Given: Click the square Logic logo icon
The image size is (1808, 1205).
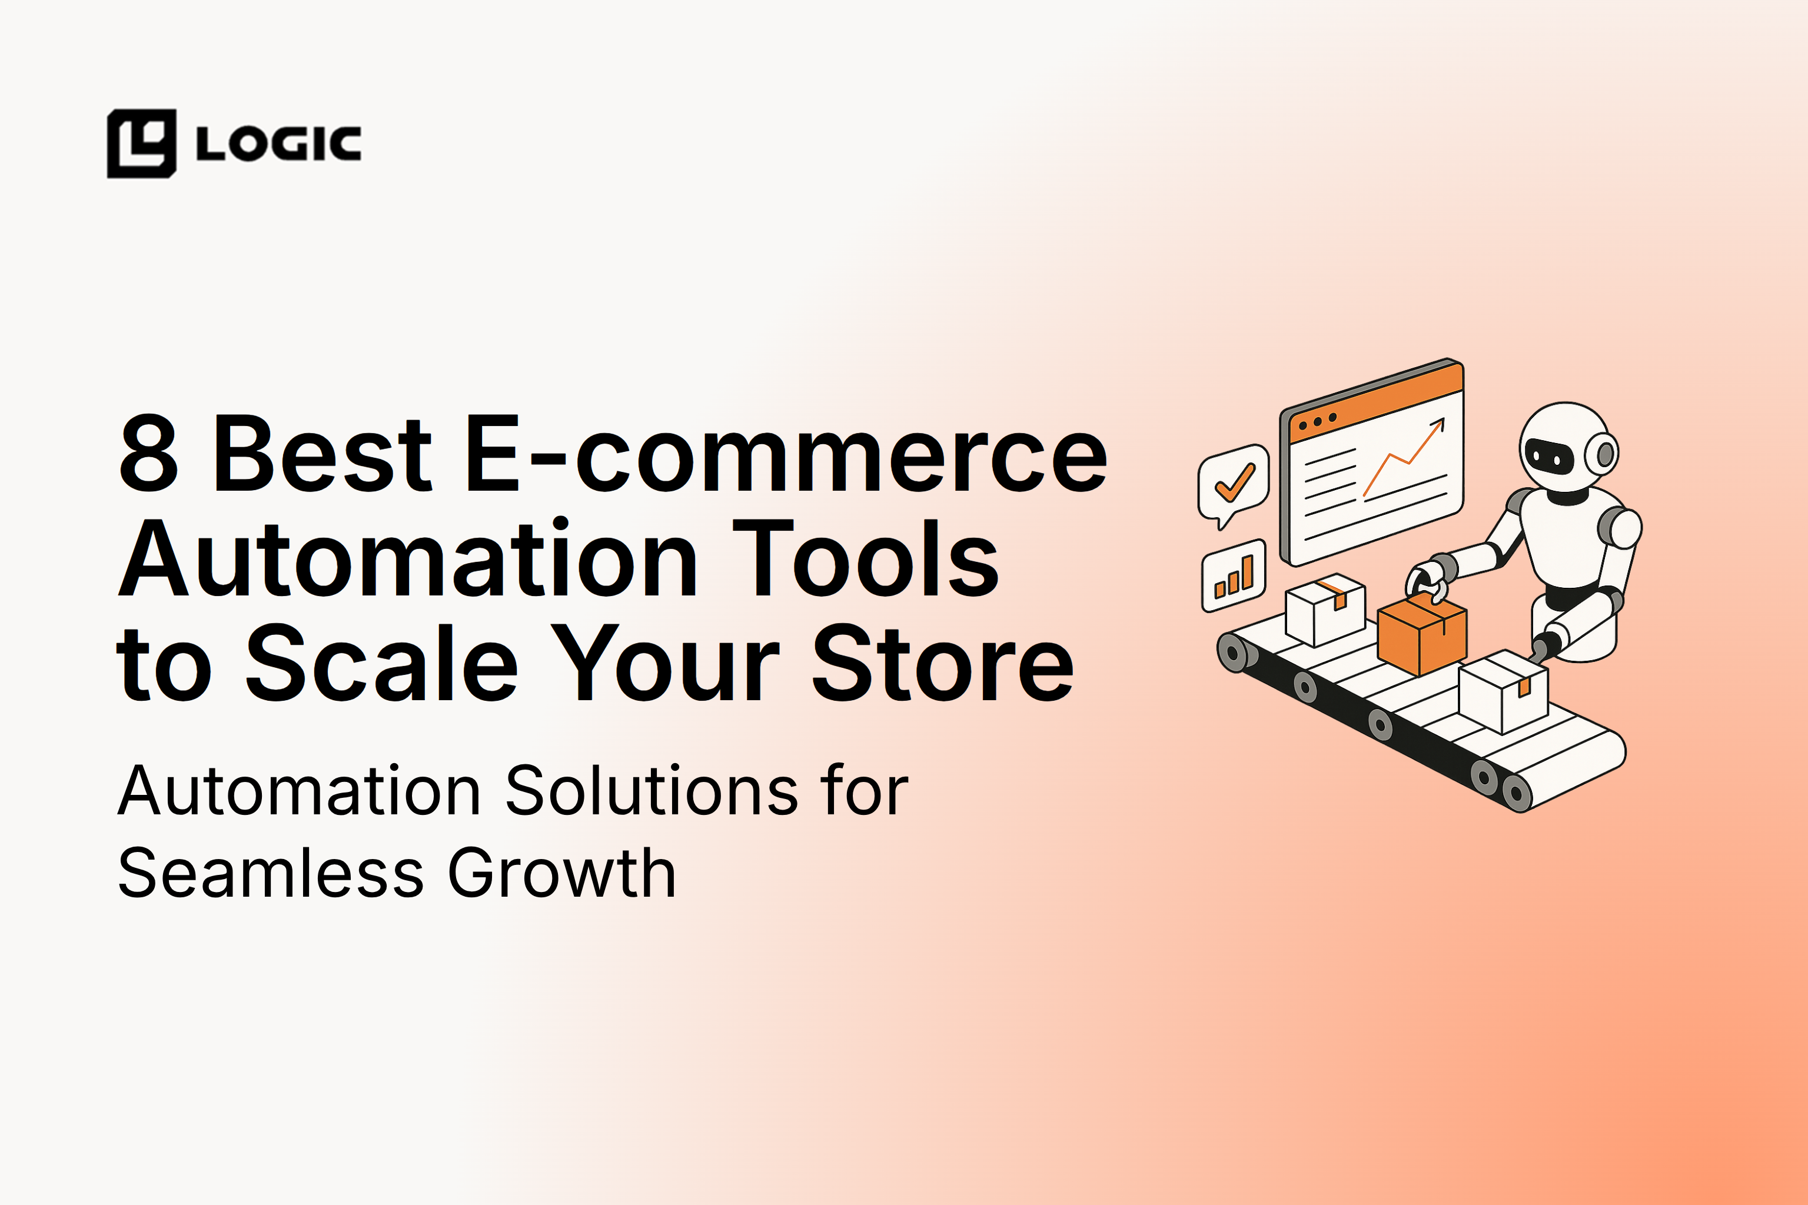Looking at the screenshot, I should click(141, 144).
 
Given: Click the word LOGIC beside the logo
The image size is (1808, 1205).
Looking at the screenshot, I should click(278, 144).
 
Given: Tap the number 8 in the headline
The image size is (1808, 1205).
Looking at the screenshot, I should click(149, 454).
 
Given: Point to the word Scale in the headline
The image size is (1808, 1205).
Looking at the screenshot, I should click(381, 663).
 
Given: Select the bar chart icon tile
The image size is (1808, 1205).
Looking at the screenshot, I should click(1233, 575).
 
